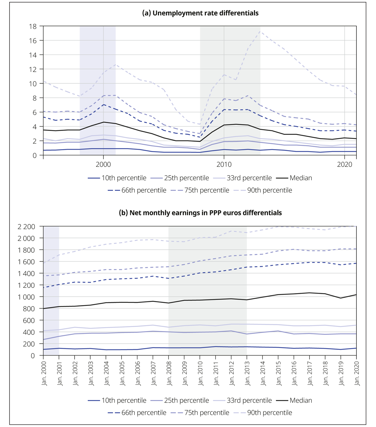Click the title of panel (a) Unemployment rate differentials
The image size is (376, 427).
tap(200, 13)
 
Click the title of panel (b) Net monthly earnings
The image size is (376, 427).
tap(200, 213)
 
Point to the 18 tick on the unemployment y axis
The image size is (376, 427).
tap(33, 26)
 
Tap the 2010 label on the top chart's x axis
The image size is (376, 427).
tap(224, 164)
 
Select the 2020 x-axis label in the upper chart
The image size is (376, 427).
tap(345, 164)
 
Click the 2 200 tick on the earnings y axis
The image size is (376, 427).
tap(26, 227)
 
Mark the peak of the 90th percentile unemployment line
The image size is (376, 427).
tap(260, 31)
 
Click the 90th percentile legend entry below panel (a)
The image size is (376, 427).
tap(263, 190)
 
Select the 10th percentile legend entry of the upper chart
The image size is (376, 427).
tap(117, 178)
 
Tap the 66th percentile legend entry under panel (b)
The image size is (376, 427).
tap(137, 413)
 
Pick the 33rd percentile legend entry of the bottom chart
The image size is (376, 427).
tap(243, 400)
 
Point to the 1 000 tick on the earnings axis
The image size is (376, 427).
tap(26, 297)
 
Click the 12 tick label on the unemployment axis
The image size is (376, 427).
tap(33, 69)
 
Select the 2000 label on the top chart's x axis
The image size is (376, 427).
tap(103, 164)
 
